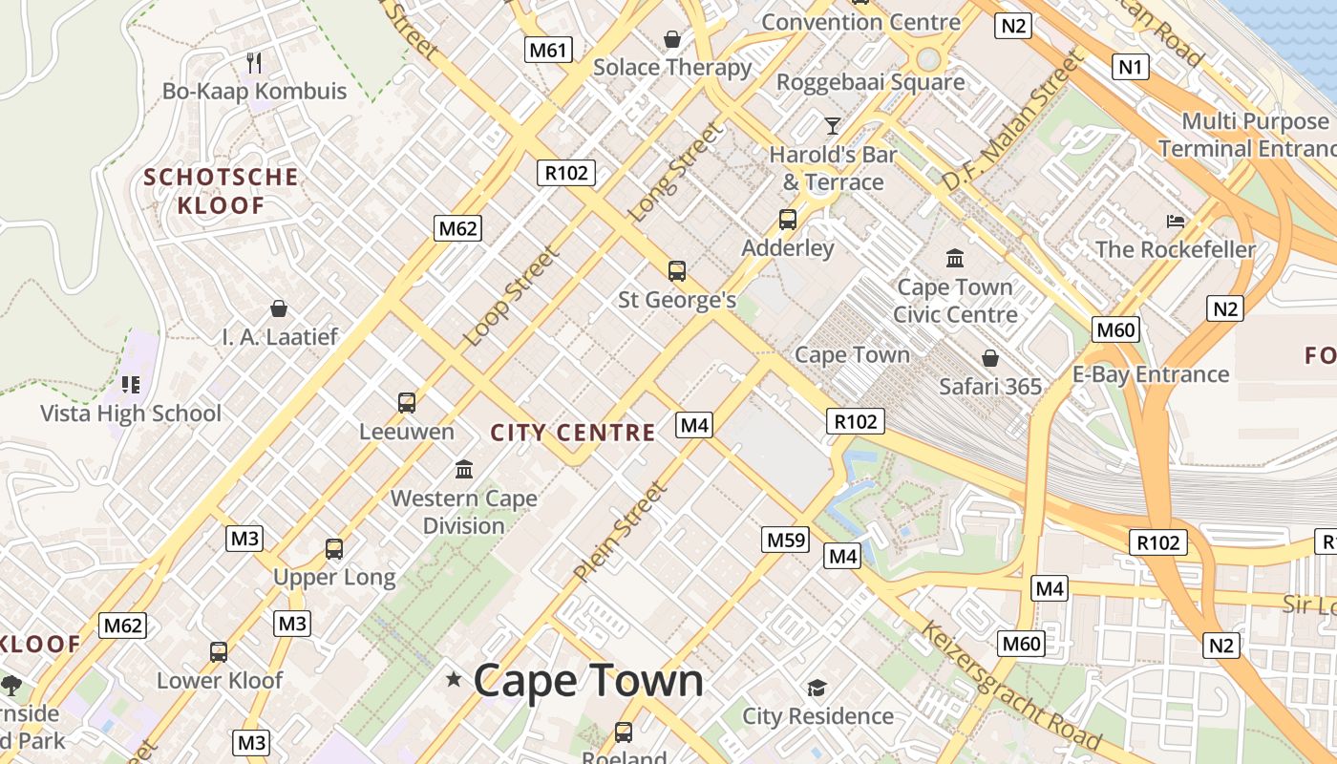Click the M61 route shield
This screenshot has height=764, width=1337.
coord(548,50)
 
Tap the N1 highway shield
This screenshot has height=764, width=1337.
coord(1132,66)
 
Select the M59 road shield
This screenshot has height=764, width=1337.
coord(787,541)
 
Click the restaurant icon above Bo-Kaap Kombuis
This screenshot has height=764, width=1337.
coord(254,63)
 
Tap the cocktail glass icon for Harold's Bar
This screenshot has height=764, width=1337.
coord(833,125)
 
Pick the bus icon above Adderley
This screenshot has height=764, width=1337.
coord(788,220)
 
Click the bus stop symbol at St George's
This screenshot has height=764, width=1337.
coord(677,271)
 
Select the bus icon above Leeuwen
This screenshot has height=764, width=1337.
coord(407,403)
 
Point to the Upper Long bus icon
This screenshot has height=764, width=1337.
coord(333,549)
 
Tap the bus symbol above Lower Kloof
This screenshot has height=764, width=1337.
coord(219,652)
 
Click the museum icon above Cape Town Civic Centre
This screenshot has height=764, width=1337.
coord(955,258)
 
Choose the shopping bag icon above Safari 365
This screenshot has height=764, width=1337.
coord(990,358)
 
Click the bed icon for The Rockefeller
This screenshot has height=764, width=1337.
coord(1176,222)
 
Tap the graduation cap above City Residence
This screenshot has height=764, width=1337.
coord(817,688)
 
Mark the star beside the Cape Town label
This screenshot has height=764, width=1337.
coord(454,679)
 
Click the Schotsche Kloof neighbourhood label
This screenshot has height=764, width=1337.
coord(221,191)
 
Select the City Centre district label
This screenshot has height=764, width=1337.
coord(573,433)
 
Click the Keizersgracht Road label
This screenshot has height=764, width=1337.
coord(1012,686)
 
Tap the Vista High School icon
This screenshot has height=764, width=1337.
coord(131,385)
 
